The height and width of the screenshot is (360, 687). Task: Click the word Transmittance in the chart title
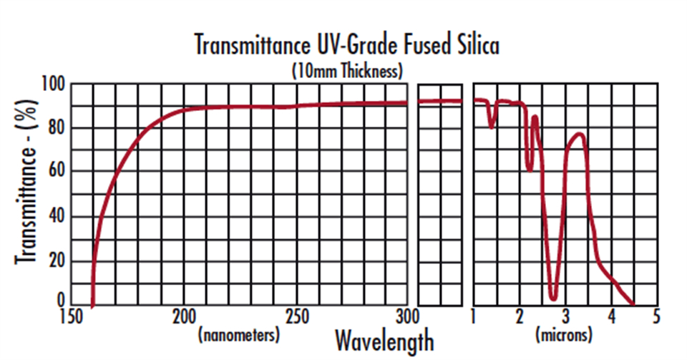tap(247, 45)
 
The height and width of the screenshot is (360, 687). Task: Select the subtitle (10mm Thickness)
tap(346, 71)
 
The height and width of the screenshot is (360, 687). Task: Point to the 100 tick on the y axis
tap(54, 85)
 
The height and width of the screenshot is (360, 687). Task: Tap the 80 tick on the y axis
tap(57, 129)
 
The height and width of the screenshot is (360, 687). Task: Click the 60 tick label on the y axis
tap(57, 172)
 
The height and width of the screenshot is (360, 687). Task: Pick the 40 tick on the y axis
tap(57, 216)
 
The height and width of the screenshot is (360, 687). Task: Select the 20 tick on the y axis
tap(57, 261)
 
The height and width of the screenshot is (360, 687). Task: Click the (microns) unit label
tap(565, 335)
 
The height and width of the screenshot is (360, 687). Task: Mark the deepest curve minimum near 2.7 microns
tap(553, 298)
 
